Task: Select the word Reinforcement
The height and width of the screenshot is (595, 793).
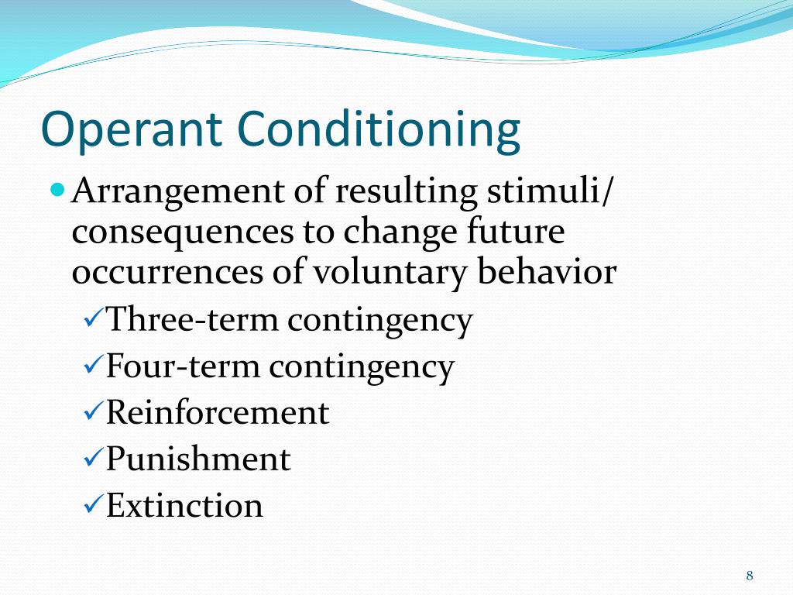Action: [x=218, y=412]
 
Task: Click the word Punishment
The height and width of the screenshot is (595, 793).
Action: [x=198, y=459]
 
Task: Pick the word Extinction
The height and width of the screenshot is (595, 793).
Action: [x=184, y=505]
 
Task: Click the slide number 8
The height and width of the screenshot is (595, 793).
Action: [x=750, y=575]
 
